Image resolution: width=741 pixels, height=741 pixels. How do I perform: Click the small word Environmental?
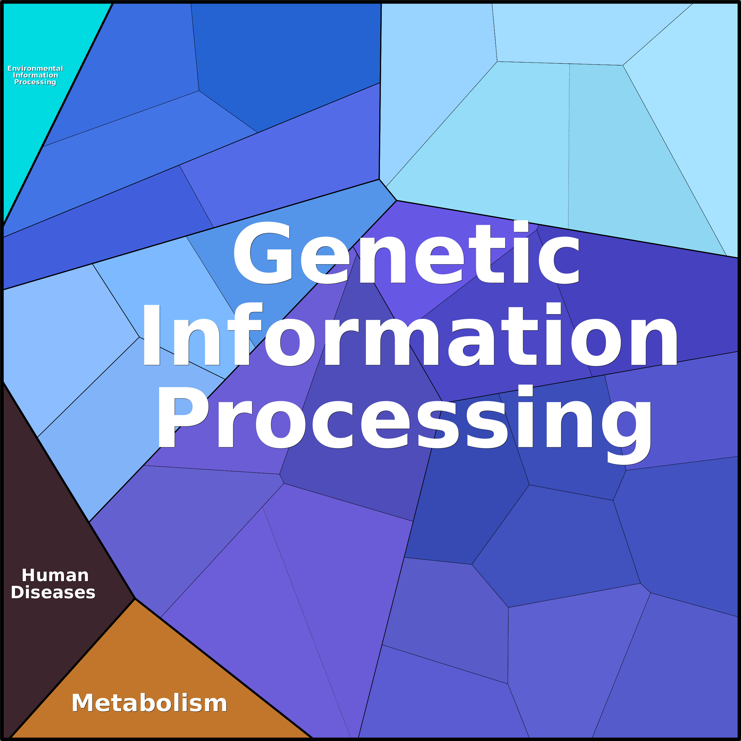click(35, 69)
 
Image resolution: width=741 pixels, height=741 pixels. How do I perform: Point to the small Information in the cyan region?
click(36, 76)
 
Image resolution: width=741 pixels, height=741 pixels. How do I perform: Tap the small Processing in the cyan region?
click(35, 82)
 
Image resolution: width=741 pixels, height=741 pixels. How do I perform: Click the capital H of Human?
click(29, 576)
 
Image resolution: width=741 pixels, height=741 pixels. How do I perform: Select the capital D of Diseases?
click(18, 593)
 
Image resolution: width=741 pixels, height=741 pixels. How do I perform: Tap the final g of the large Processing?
click(627, 426)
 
